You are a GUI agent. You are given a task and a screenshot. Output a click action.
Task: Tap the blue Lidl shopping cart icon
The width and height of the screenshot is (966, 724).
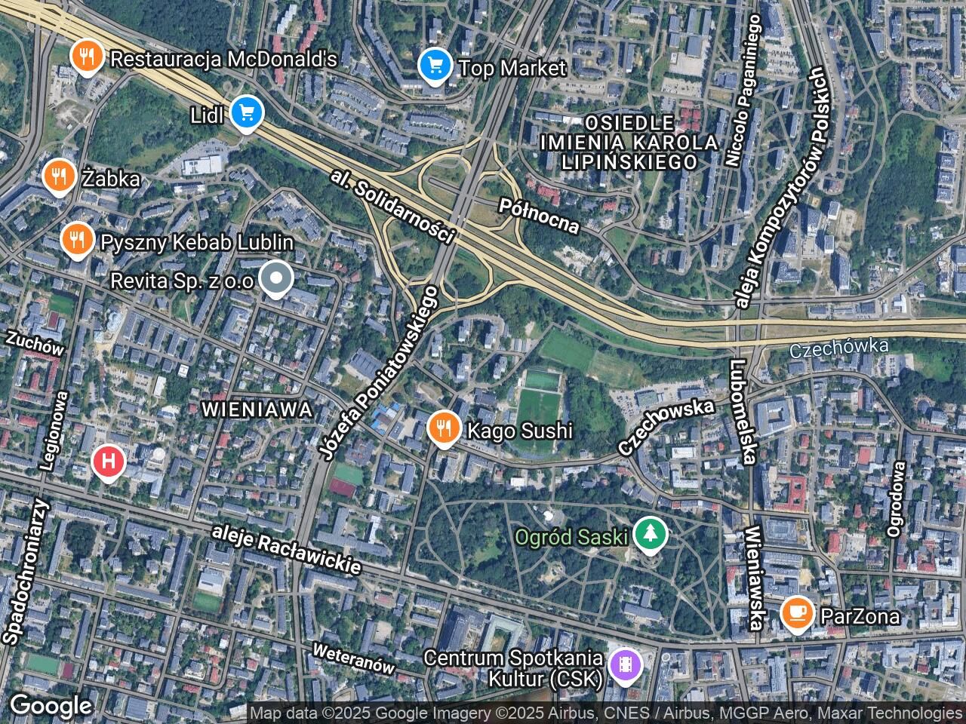point(246,113)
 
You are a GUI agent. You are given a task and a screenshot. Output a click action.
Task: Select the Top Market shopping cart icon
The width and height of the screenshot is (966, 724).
point(435,66)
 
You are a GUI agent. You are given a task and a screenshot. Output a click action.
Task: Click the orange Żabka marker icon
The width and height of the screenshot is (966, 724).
point(58,176)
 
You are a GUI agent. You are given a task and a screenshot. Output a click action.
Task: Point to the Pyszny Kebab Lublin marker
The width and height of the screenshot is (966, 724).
point(76,241)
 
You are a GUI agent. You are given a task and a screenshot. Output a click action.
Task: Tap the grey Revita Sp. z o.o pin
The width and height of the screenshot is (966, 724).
point(277,279)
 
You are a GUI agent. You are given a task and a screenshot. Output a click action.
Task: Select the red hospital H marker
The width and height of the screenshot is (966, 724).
point(109,460)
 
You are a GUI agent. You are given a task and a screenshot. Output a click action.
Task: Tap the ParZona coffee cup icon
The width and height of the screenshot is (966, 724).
point(797,614)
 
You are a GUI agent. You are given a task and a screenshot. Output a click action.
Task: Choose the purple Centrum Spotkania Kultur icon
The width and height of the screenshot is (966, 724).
point(626,665)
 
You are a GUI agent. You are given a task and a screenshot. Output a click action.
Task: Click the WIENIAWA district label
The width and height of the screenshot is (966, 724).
point(257,410)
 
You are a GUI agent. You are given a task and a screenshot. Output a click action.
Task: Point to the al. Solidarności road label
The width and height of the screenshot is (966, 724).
point(393,207)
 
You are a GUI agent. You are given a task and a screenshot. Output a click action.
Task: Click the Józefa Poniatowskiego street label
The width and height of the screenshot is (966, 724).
point(379,373)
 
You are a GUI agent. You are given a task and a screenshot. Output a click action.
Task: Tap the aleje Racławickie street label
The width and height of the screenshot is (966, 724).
point(287,548)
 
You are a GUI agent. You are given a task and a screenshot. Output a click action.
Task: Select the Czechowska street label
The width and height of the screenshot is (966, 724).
point(666,426)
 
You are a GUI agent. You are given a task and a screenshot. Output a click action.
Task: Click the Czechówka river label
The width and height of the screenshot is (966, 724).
point(839,348)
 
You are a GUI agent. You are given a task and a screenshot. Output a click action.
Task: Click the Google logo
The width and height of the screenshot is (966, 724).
point(51,706)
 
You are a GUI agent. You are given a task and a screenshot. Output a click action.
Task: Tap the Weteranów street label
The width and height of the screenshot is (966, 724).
point(354,658)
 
